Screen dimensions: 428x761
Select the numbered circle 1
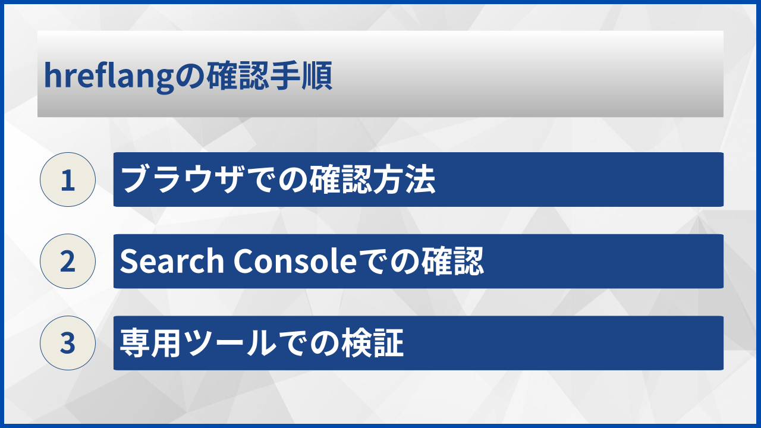click(x=68, y=180)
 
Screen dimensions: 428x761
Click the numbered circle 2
click(x=68, y=262)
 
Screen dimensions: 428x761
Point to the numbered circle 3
click(x=68, y=343)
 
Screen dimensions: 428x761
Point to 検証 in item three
click(x=374, y=343)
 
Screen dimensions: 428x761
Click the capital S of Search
click(x=128, y=262)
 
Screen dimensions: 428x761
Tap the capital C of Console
click(x=243, y=262)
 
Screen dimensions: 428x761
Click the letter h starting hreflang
click(x=51, y=77)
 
